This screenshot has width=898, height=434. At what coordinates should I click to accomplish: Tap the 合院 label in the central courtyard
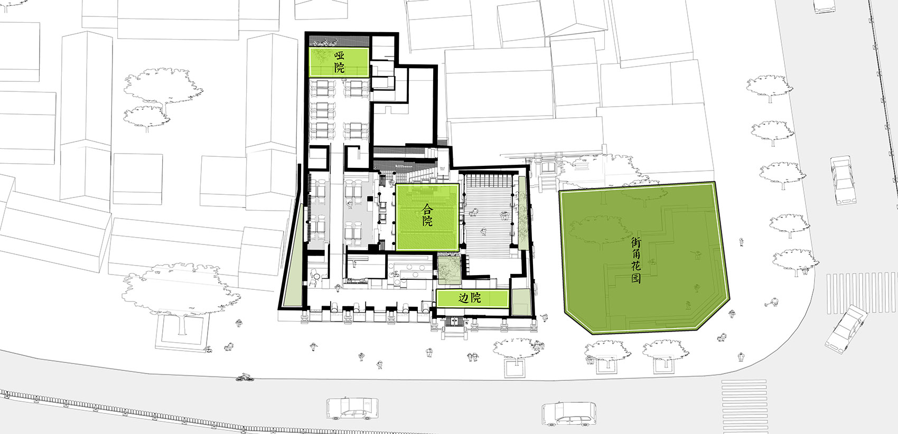[427, 215]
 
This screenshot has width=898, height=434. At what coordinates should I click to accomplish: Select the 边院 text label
[470, 298]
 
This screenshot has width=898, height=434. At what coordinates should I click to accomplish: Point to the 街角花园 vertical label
[636, 260]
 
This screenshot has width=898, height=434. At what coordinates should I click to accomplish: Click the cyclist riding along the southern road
[244, 377]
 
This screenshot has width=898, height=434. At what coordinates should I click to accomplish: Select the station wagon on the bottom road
[569, 414]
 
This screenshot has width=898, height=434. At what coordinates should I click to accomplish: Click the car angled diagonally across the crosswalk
[846, 329]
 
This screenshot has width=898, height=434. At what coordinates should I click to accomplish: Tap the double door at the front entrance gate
[454, 322]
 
